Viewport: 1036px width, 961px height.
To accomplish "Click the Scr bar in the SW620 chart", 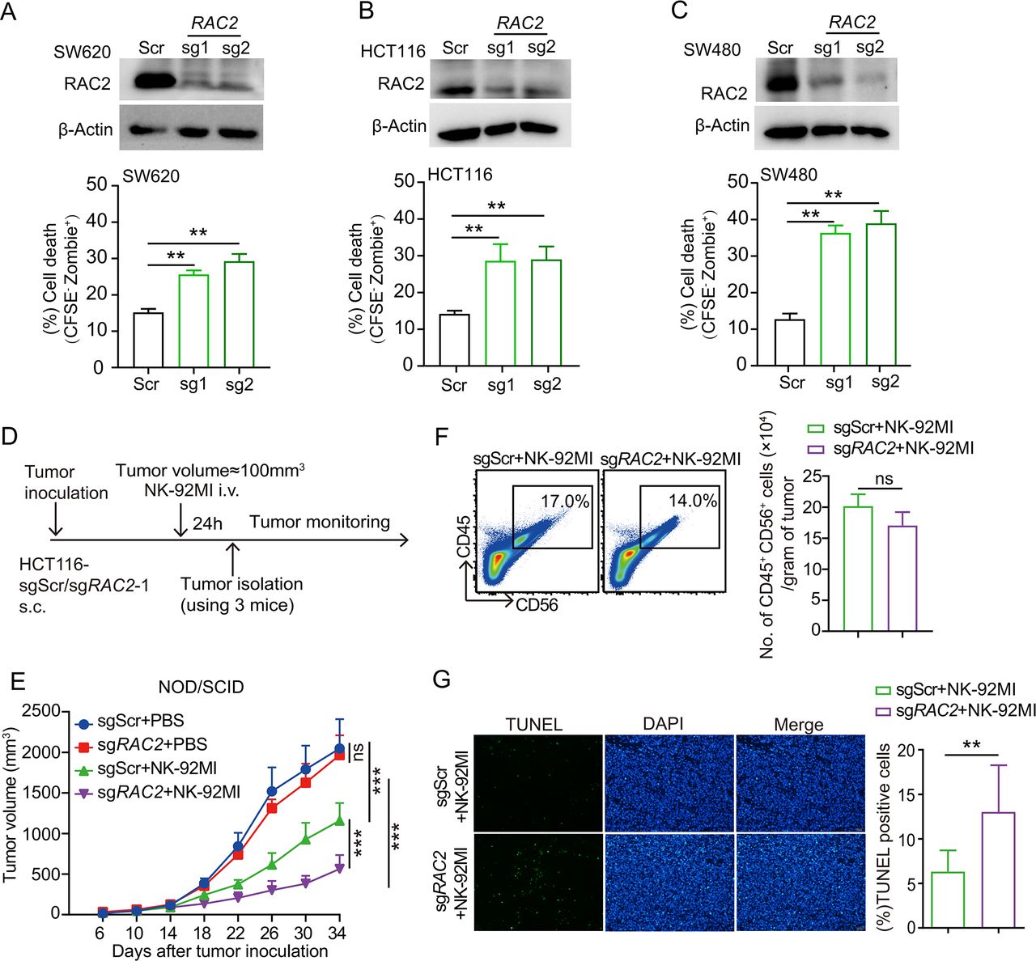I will pos(148,340).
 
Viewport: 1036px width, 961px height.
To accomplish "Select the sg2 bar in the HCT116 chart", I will pos(546,312).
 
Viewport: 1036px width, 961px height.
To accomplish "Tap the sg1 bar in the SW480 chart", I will pos(835,299).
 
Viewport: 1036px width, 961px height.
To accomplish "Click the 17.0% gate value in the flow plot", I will pos(564,501).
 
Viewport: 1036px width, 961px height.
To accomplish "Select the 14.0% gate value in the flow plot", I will pos(693,501).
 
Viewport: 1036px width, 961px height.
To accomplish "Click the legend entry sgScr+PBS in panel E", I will pos(134,722).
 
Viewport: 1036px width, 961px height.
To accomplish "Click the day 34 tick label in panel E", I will pos(337,933).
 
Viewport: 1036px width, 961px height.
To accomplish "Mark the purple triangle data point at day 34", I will pos(338,867).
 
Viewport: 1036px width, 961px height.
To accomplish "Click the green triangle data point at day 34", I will pos(338,821).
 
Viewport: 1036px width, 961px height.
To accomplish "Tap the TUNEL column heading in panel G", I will pos(533,725).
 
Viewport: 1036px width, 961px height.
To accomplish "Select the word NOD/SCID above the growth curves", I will pos(201,688).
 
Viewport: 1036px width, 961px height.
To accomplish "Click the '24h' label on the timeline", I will pos(207,524).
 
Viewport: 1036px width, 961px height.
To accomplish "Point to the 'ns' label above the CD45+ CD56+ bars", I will pos(884,479).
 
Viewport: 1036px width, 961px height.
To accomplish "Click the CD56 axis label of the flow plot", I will pos(537,603).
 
